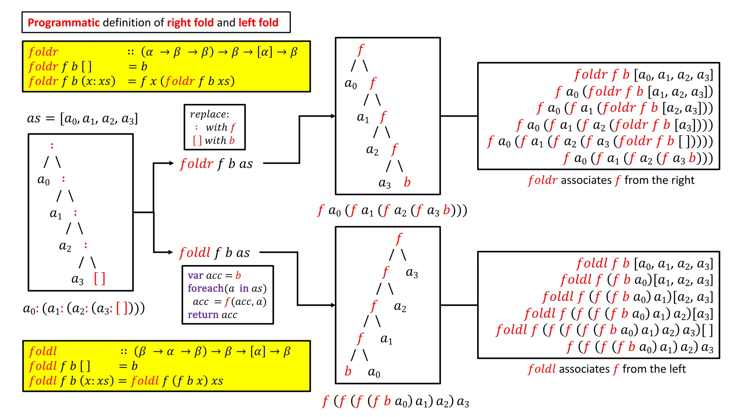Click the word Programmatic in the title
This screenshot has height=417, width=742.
pos(63,23)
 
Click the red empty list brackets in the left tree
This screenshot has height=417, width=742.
pos(100,279)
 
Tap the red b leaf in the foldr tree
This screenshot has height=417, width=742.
pos(407,182)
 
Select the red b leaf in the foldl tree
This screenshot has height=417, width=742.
pos(348,371)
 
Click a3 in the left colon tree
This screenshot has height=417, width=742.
pos(78,279)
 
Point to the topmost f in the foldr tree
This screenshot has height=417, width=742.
pos(360,50)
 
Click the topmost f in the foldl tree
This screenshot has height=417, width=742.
pos(399,239)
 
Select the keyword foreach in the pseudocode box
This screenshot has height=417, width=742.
pos(205,288)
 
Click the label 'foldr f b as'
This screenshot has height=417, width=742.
pos(216,164)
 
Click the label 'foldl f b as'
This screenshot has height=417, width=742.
pos(214,253)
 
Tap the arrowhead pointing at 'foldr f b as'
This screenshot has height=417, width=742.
pos(171,163)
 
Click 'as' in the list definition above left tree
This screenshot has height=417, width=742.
pos(34,119)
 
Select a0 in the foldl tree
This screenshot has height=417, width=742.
pos(374,372)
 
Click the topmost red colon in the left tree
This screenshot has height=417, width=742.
pos(52,146)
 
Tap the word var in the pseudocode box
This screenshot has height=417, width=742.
pos(195,275)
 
